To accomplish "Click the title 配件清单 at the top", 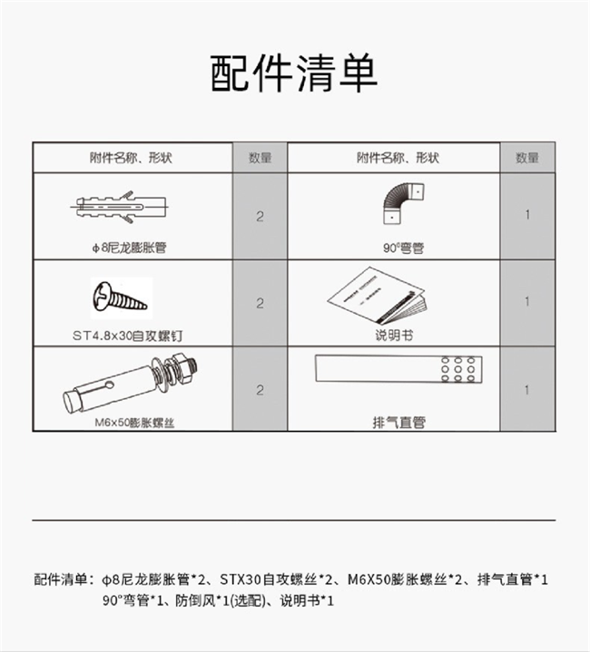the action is (294, 73).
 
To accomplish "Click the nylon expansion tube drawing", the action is (120, 207).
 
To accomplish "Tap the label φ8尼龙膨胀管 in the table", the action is (129, 248).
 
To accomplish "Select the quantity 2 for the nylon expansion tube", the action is (260, 216).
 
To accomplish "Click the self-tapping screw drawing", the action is (120, 297).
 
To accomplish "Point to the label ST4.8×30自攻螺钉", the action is (127, 336).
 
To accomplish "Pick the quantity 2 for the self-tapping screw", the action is (260, 303).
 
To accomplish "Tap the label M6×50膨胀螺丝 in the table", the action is (134, 423).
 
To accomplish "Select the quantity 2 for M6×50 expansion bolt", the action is (260, 390).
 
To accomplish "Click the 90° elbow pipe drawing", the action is (403, 204).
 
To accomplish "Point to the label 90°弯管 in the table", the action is (403, 248).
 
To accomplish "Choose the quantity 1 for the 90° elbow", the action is (527, 215).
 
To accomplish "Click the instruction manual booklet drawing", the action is (377, 296).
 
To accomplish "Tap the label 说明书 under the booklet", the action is (394, 336).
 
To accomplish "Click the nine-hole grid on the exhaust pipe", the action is (457, 369).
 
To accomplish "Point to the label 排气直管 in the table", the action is (399, 423).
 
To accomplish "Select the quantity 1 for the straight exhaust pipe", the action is (527, 390).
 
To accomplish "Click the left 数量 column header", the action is (260, 158).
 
